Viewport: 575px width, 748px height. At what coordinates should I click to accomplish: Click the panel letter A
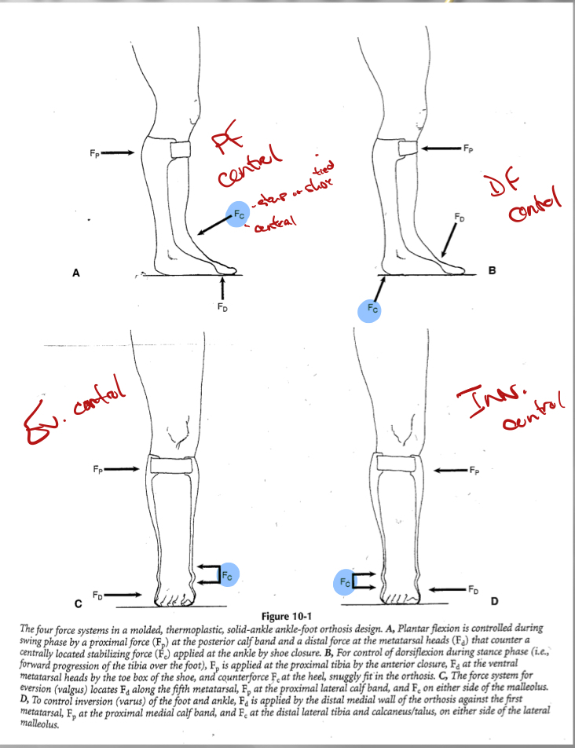pos(76,273)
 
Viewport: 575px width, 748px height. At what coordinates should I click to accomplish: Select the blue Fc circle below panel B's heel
pos(372,309)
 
